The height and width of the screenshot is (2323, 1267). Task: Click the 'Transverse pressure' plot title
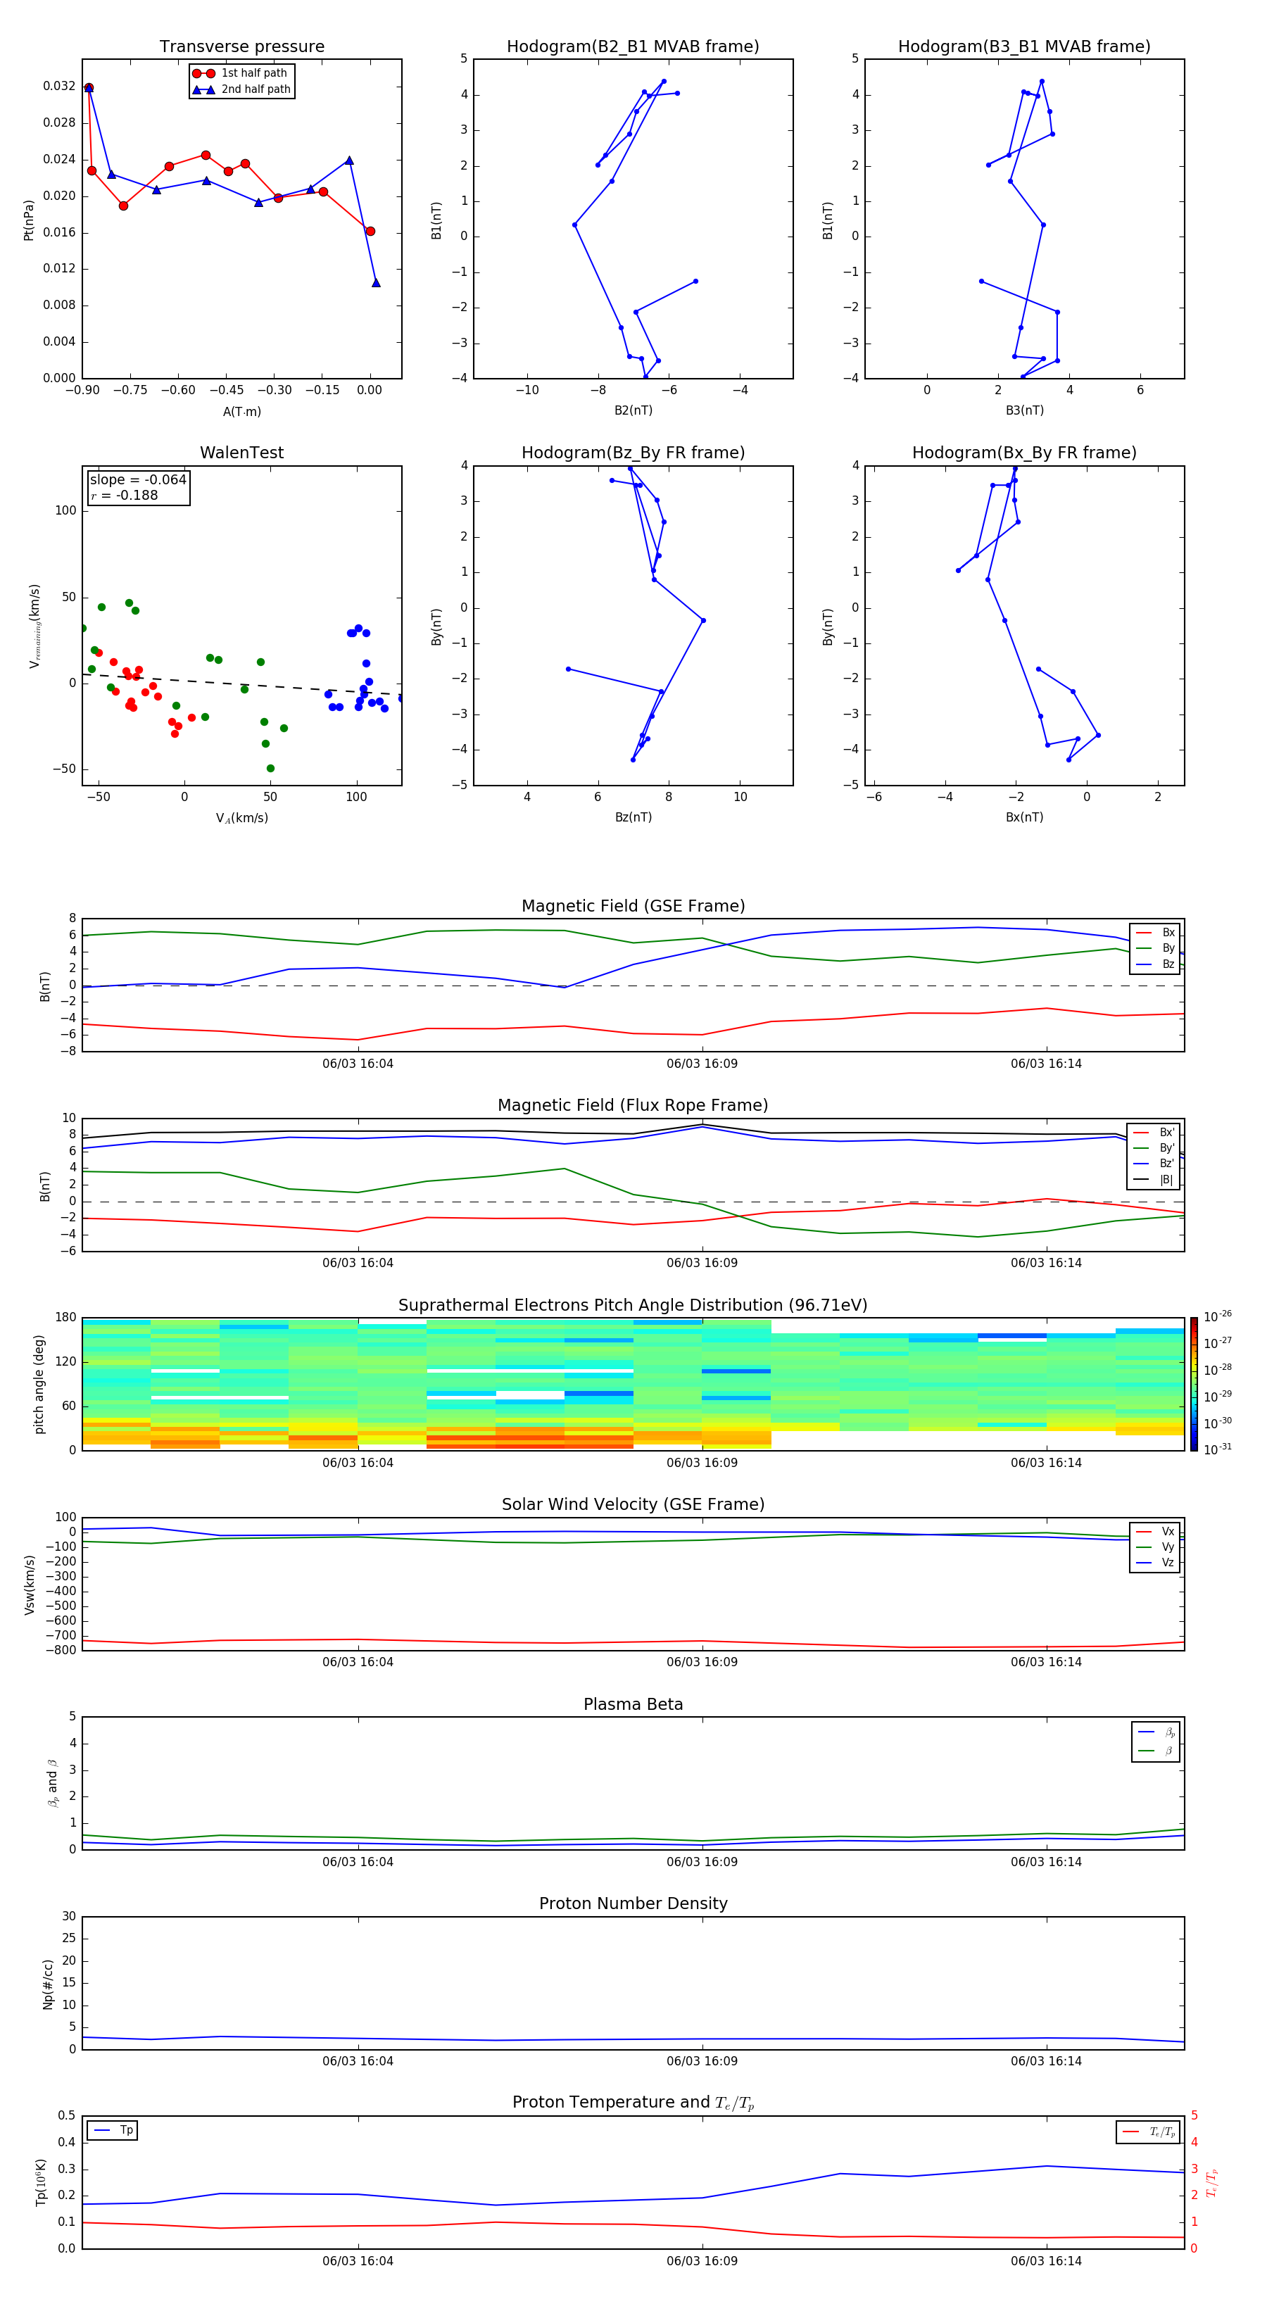(x=241, y=47)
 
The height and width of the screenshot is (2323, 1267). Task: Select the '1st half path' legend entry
(x=253, y=73)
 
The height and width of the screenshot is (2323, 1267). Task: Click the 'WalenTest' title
(x=241, y=453)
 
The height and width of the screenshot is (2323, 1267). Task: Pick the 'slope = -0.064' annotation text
(x=138, y=480)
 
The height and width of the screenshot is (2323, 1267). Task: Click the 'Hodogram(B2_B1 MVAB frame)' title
(x=632, y=47)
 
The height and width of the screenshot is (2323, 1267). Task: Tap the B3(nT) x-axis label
(x=1024, y=410)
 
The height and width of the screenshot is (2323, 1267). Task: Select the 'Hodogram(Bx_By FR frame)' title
(x=1023, y=453)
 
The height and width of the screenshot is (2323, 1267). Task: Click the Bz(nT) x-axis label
(x=633, y=817)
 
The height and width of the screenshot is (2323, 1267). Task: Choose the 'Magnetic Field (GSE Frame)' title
(x=633, y=906)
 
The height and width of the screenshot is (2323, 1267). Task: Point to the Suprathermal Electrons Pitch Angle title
(x=632, y=1305)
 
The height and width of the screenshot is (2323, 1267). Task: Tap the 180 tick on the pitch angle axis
(x=66, y=1318)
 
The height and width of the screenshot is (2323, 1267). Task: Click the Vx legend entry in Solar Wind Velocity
(x=1167, y=1531)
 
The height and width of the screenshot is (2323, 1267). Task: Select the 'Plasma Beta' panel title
(x=633, y=1704)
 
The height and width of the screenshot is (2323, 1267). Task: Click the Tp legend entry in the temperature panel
(x=126, y=2130)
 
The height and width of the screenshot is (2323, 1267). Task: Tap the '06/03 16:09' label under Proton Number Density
(x=702, y=2060)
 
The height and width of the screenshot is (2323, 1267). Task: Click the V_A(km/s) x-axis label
(x=241, y=818)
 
